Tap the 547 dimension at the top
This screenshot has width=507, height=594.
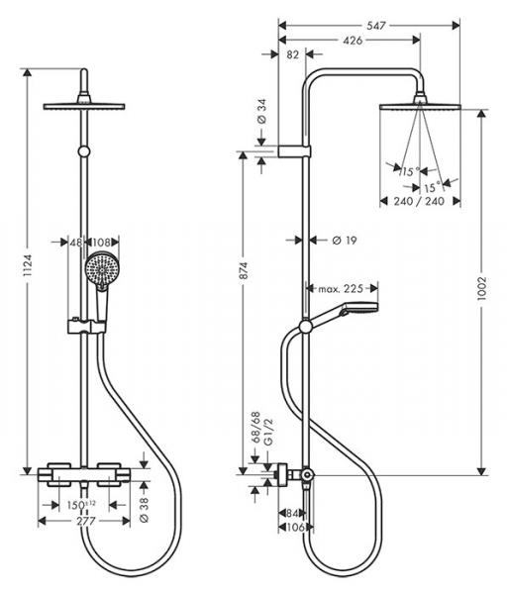click(376, 26)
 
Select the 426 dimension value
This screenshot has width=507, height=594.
click(353, 41)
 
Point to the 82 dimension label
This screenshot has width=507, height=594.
click(292, 54)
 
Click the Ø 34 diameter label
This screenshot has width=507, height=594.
click(261, 111)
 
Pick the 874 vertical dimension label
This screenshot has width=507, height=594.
click(244, 270)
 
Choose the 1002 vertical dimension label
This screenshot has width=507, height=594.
click(481, 289)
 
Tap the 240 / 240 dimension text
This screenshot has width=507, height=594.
click(419, 201)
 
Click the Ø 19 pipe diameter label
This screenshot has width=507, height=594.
click(344, 241)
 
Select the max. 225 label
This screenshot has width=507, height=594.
click(341, 289)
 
